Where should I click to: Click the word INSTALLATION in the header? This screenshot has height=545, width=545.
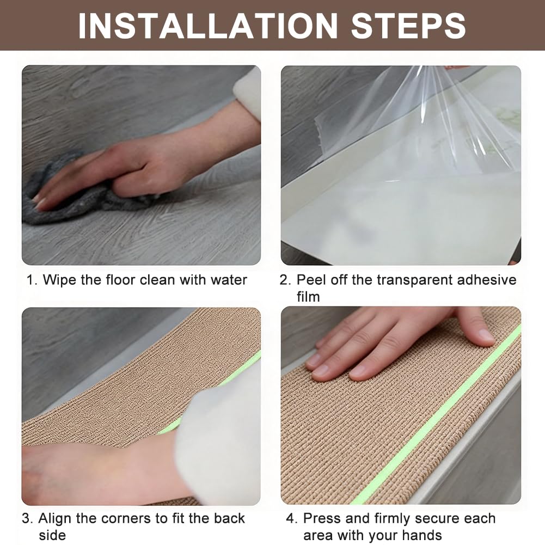click(208, 26)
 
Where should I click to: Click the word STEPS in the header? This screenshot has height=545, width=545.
click(408, 26)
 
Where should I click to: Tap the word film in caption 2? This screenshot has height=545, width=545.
click(308, 297)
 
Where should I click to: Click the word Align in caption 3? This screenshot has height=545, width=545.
click(56, 519)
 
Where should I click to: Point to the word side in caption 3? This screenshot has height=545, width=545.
click(52, 535)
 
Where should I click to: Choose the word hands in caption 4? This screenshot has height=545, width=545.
click(422, 535)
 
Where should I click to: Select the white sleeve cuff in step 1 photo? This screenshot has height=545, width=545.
click(248, 92)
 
